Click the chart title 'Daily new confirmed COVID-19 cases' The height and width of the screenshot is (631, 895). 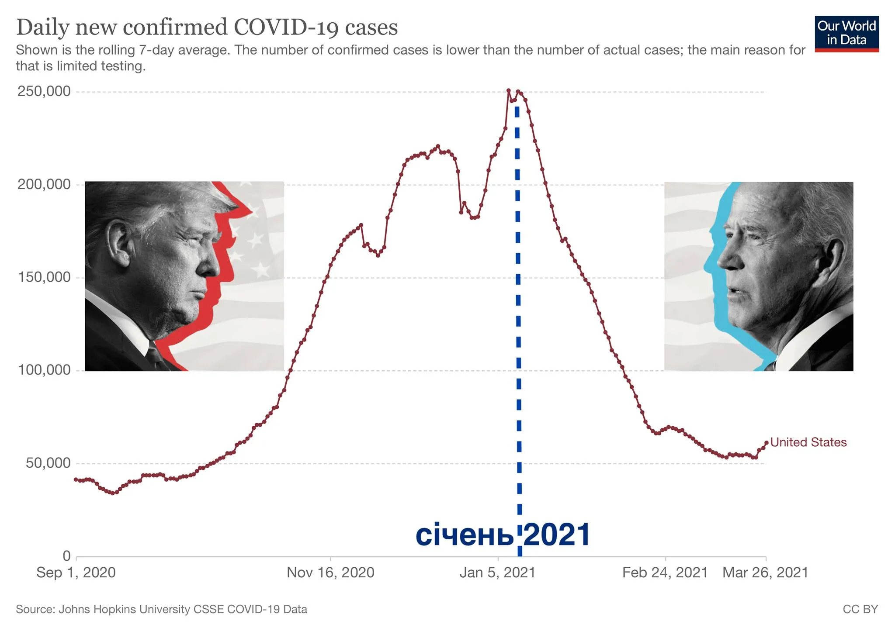tap(207, 27)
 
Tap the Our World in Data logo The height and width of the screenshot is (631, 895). tap(846, 34)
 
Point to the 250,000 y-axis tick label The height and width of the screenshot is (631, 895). tap(44, 91)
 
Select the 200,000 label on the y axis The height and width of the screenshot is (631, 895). tap(44, 184)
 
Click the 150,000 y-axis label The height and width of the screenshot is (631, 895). tap(44, 277)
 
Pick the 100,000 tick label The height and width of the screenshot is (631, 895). tap(44, 370)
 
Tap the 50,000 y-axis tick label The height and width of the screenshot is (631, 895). tap(48, 463)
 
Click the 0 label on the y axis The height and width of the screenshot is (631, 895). tap(66, 556)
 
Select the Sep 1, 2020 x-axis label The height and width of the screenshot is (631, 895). tap(76, 572)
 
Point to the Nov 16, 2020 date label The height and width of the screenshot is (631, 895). tap(330, 572)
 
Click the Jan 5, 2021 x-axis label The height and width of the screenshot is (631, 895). tap(497, 572)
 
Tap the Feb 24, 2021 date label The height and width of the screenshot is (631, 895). tap(665, 572)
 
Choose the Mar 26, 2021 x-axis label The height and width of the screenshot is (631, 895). tap(765, 572)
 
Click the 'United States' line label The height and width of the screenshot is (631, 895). tap(808, 442)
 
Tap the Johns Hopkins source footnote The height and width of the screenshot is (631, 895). tap(161, 609)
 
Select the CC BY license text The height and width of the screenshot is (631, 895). tap(860, 609)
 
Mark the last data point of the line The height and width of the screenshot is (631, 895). tap(767, 443)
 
